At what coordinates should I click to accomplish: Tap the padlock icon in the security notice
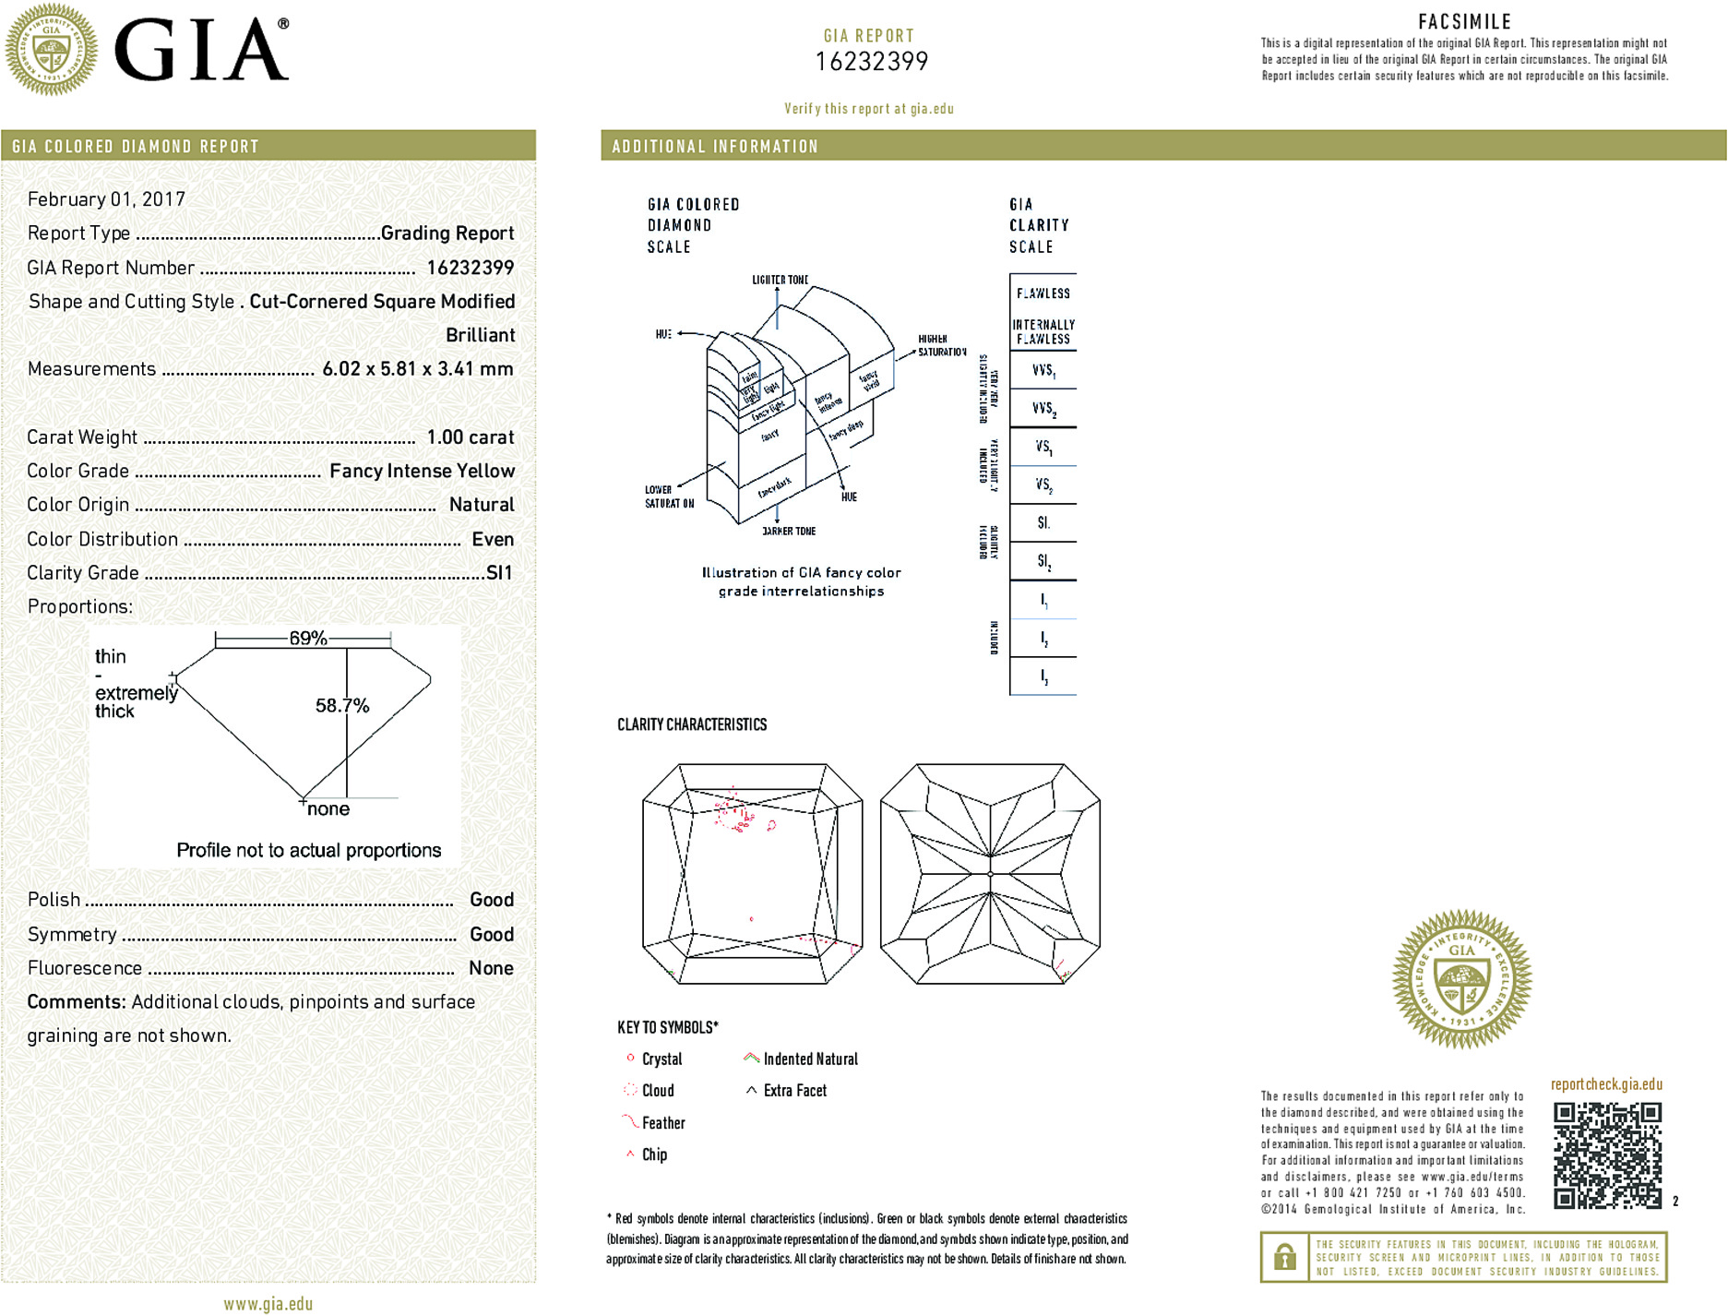coord(1284,1257)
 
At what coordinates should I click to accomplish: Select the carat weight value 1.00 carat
coord(470,437)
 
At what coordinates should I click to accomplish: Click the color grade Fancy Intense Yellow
coord(422,472)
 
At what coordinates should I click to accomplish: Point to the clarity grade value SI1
coord(499,573)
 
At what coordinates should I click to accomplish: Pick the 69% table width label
coord(307,639)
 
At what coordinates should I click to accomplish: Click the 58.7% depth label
coord(342,706)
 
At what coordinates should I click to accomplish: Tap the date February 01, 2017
coord(106,199)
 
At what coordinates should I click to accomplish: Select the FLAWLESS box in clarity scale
coord(1043,293)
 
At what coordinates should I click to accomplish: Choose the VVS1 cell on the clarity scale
coord(1043,370)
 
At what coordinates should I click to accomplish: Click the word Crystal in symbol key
coord(661,1059)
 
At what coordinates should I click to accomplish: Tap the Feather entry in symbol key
coord(663,1123)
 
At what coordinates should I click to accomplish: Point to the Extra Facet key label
coord(794,1091)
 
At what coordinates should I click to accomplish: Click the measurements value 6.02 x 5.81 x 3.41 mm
coord(417,369)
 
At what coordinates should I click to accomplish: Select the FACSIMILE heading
coord(1464,22)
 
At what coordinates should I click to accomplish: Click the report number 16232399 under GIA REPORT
coord(871,62)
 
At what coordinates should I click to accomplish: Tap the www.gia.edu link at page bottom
coord(268,1304)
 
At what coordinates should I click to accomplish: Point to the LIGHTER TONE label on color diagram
coord(780,280)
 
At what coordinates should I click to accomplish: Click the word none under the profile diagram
coord(328,809)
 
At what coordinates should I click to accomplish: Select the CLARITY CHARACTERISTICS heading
coord(692,725)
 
